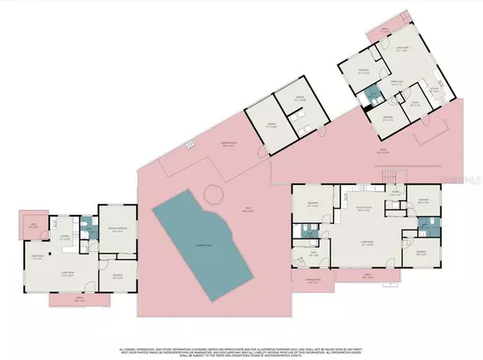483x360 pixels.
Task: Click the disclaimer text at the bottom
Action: (x=242, y=344)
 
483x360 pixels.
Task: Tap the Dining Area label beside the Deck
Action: (x=36, y=256)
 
